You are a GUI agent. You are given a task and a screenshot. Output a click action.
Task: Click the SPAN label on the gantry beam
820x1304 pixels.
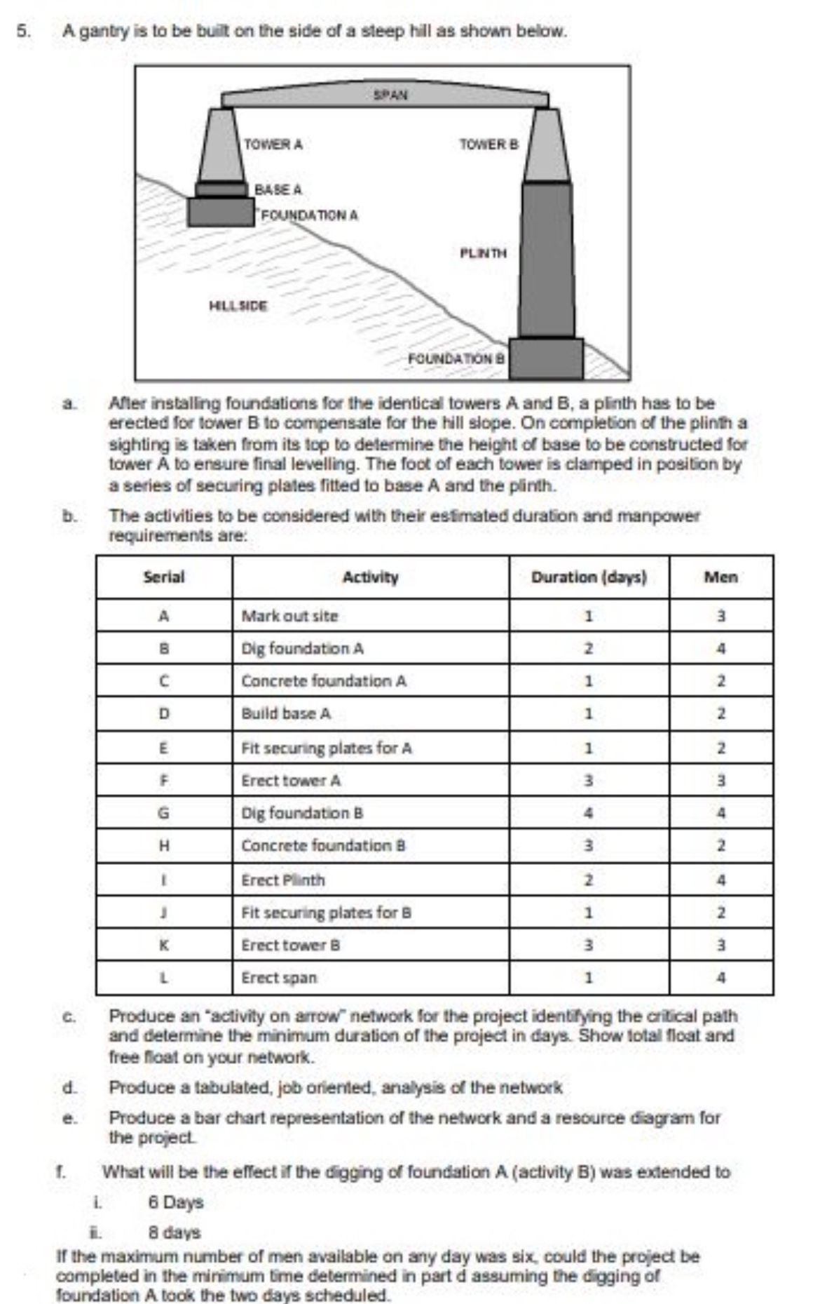(390, 94)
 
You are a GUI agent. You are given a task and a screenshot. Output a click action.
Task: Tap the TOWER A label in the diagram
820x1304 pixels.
(273, 144)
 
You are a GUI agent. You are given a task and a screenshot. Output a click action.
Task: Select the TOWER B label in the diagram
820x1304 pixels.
(488, 144)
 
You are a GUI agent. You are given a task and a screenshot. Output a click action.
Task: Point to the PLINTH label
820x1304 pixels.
(483, 253)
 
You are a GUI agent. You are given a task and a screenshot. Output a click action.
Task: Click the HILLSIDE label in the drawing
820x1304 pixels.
(238, 306)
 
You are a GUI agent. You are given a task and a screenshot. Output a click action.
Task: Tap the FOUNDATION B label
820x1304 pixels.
(456, 358)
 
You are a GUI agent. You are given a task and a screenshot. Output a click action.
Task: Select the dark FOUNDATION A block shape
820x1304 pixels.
(220, 212)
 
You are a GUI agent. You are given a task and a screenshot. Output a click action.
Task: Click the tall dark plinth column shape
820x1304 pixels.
(547, 260)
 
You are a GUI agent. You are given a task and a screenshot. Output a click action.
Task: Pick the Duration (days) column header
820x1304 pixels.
(589, 577)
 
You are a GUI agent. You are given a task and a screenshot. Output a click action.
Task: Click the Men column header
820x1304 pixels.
(720, 577)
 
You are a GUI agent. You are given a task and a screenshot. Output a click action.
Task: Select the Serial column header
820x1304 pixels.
(164, 577)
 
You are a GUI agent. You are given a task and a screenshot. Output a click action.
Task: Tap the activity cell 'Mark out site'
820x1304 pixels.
(289, 616)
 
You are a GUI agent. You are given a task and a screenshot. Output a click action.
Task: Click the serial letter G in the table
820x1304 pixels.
(163, 814)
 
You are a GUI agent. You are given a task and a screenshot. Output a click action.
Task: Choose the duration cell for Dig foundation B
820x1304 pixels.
(589, 814)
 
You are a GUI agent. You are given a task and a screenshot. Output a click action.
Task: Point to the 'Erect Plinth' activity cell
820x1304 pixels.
(283, 880)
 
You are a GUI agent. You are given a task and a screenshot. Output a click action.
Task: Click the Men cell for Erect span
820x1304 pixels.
(720, 978)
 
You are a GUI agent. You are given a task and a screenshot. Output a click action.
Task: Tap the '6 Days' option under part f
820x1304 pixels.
(176, 1202)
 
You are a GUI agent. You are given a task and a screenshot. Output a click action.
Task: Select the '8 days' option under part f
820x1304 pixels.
(175, 1232)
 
